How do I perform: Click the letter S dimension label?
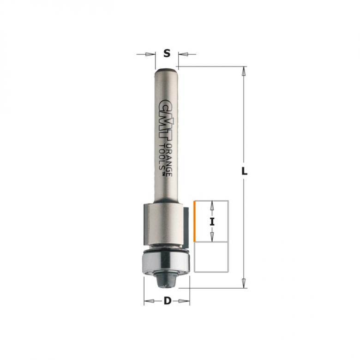tap(167, 54)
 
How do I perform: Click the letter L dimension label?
tap(245, 171)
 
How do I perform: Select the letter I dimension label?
tap(212, 221)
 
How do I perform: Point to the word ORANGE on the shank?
tap(169, 157)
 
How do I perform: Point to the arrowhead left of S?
tap(150, 54)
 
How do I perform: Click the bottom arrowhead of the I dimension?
tap(212, 238)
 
